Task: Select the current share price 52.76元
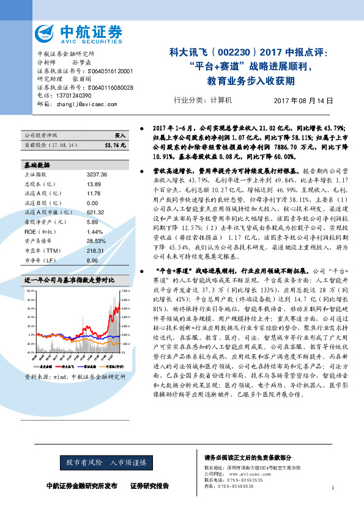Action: [x=115, y=146]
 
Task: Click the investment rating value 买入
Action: [x=121, y=134]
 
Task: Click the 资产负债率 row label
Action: [x=39, y=225]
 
